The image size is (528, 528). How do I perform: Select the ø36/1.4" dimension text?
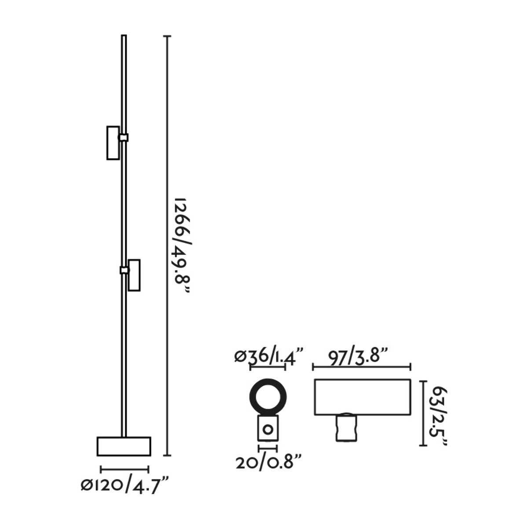(x=269, y=356)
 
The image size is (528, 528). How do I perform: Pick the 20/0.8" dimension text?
(x=268, y=463)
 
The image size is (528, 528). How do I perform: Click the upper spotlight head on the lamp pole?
(x=113, y=143)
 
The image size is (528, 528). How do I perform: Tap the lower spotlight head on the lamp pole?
(x=134, y=275)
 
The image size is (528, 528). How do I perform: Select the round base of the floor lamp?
(x=124, y=446)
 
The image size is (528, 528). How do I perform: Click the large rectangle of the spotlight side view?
(x=362, y=397)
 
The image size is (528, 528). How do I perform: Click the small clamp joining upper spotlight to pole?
(x=123, y=138)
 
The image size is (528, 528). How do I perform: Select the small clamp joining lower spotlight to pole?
(x=124, y=270)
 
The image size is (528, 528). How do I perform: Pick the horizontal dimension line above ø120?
(x=125, y=469)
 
